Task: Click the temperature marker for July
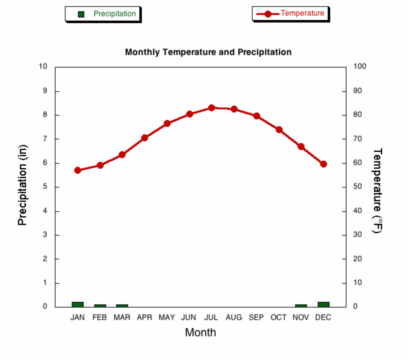212,108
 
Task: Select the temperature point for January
78,170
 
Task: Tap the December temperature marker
323,164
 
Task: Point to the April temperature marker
145,138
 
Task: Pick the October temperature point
279,130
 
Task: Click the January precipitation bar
78,305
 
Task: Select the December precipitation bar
323,305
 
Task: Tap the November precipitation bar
301,306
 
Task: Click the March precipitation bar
122,306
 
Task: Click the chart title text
208,52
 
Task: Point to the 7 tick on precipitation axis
45,139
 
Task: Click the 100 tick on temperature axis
360,67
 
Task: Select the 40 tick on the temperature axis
358,211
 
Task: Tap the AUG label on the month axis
234,317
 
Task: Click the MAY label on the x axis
167,317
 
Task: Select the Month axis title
201,332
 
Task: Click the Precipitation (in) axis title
23,185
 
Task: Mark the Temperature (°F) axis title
377,190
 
